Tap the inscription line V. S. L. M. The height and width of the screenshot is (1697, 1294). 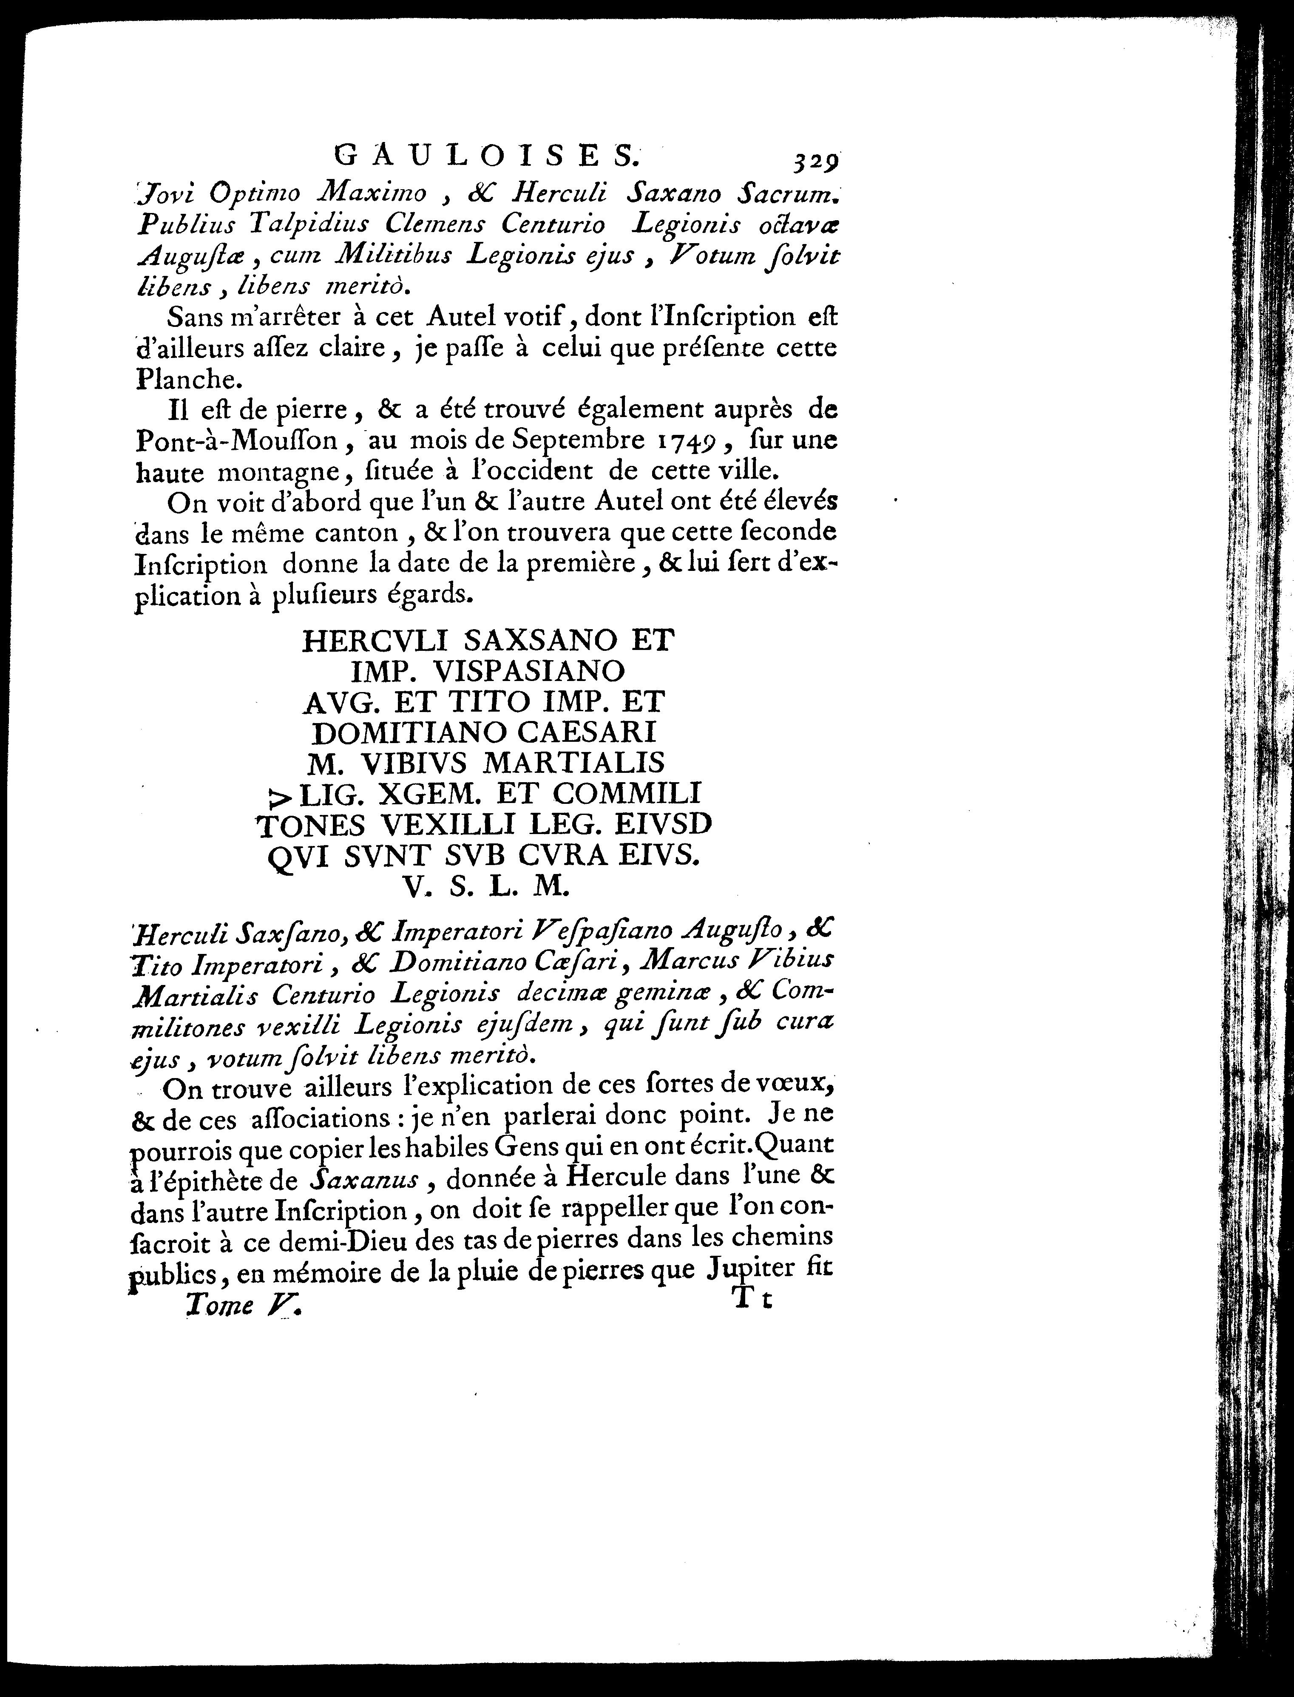tap(487, 888)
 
